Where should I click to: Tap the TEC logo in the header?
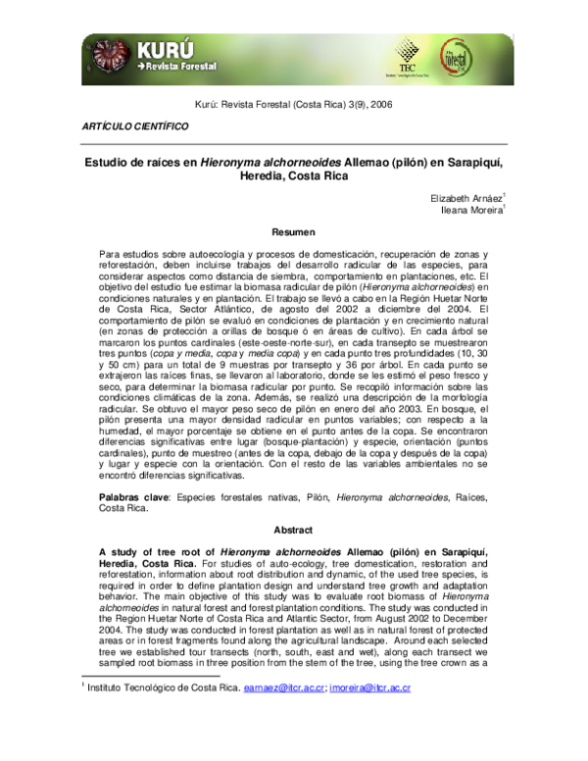[406, 54]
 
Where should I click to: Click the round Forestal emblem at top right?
[484, 56]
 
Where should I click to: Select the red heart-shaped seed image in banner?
[106, 55]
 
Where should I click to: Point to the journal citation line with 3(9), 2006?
[293, 104]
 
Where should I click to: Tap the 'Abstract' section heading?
[293, 531]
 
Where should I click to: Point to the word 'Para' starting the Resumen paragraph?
[111, 254]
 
